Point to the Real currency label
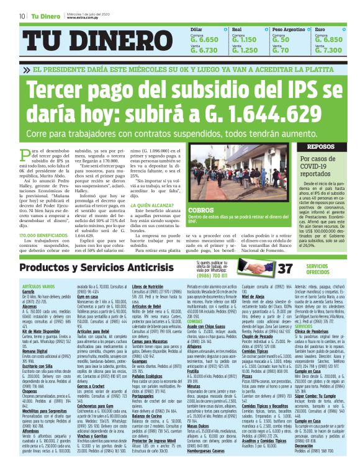(237, 29)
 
